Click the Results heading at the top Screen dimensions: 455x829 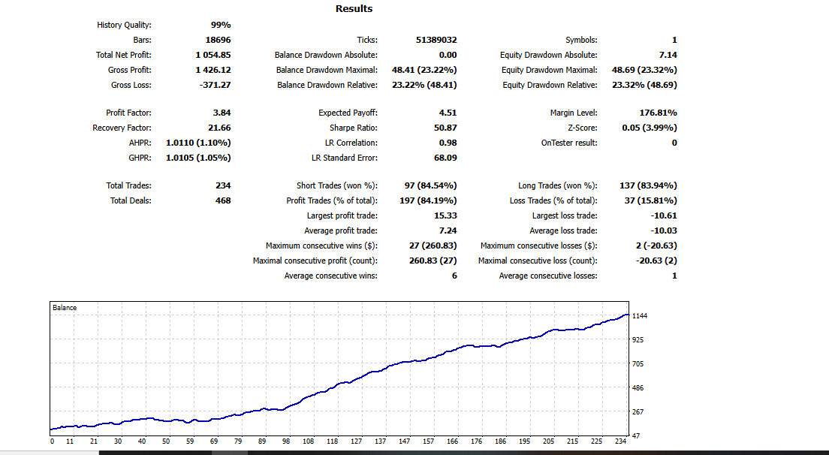(354, 9)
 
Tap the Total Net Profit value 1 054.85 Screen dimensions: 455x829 (213, 55)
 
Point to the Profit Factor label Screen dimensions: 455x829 (128, 113)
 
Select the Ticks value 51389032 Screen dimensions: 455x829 (436, 40)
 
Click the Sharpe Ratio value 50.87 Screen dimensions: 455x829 (445, 128)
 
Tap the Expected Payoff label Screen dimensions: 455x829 (348, 113)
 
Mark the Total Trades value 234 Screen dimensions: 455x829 (222, 185)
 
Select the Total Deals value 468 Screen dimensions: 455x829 (222, 200)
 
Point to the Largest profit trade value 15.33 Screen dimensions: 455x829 (445, 215)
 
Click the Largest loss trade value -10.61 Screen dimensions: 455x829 (664, 215)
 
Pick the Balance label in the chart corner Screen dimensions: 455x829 (65, 308)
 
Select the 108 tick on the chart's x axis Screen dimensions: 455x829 (309, 441)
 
